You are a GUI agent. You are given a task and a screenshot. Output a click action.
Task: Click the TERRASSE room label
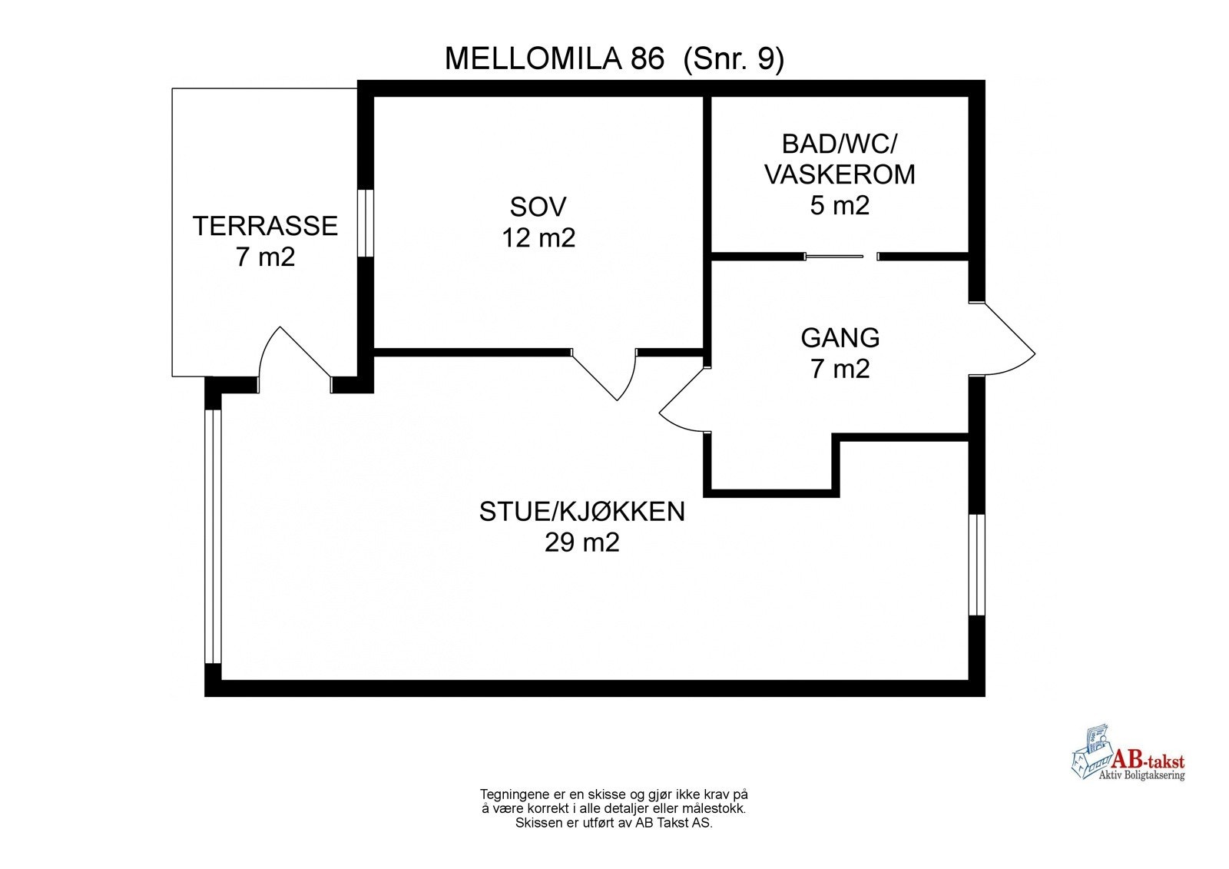265,226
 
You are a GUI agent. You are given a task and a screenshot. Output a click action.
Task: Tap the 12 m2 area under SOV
538,238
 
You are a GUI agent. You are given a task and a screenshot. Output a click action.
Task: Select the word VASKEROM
840,174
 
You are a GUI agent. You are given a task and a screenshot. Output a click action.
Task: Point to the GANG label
840,338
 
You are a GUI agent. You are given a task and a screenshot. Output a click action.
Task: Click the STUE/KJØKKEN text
581,512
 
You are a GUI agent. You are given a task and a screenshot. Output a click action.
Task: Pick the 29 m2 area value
581,543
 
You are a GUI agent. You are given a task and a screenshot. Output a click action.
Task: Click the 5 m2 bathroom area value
840,206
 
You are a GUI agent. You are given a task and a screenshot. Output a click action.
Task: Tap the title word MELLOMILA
554,59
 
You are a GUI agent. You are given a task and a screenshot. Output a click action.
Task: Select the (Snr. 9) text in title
733,59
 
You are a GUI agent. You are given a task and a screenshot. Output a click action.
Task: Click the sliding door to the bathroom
834,256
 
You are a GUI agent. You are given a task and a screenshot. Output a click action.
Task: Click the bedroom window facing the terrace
366,222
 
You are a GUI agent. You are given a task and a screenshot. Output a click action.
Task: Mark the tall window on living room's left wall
213,536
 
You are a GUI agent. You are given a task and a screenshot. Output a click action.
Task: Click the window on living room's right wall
976,565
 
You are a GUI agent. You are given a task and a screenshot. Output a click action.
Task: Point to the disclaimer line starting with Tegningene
614,794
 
